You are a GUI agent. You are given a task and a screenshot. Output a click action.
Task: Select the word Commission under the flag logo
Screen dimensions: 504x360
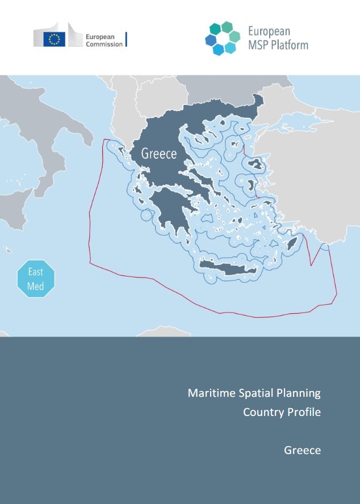[x=104, y=44]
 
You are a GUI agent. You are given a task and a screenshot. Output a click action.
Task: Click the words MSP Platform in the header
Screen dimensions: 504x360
[x=278, y=44]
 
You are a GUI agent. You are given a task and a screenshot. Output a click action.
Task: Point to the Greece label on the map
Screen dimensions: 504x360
[x=159, y=153]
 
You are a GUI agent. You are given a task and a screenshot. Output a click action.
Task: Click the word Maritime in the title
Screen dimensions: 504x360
[x=209, y=393]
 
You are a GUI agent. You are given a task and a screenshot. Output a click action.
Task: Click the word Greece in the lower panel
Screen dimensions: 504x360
[x=302, y=451]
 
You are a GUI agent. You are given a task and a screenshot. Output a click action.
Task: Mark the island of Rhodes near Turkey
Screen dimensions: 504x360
[x=292, y=244]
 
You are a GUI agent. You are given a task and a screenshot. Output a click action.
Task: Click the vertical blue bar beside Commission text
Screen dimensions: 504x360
[x=126, y=39]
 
